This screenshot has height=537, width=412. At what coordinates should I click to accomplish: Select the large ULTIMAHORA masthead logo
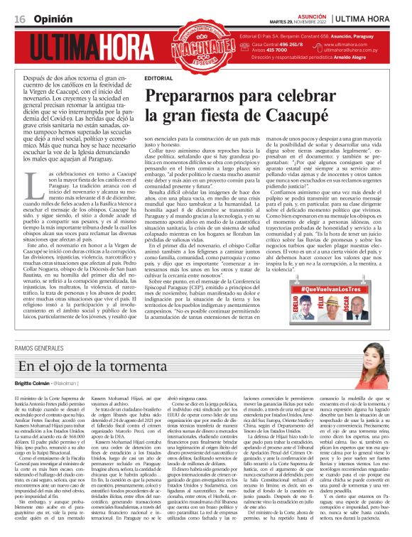tap(97, 48)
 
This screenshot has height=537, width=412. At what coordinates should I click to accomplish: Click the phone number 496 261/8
tap(288, 45)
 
